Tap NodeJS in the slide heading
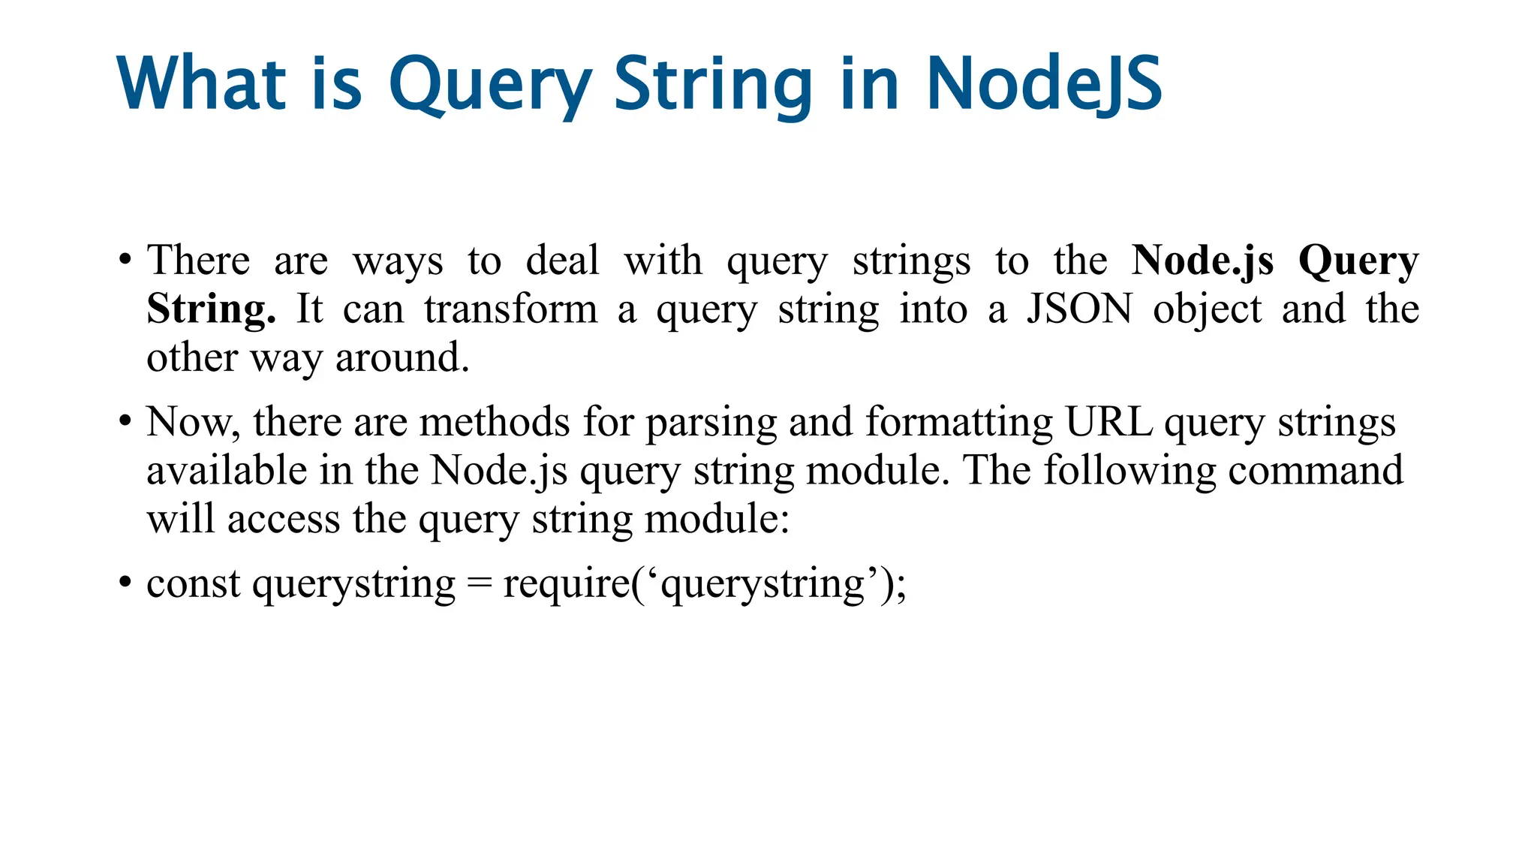pyautogui.click(x=1044, y=84)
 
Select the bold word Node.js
pyautogui.click(x=1202, y=261)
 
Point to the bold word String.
pyautogui.click(x=211, y=309)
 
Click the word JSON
pyautogui.click(x=1079, y=309)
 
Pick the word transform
pyautogui.click(x=510, y=309)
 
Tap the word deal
pyautogui.click(x=562, y=261)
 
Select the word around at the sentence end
pyautogui.click(x=402, y=357)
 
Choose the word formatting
pyautogui.click(x=959, y=422)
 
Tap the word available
pyautogui.click(x=227, y=471)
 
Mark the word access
pyautogui.click(x=284, y=520)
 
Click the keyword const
pyautogui.click(x=194, y=584)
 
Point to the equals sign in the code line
pyautogui.click(x=479, y=584)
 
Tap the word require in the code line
pyautogui.click(x=567, y=584)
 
